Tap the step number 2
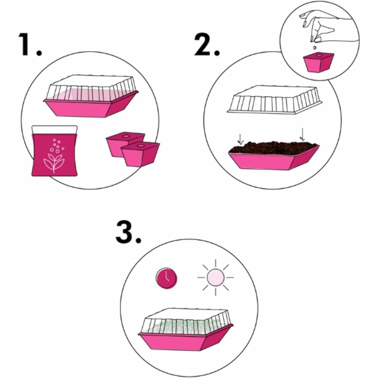click(207, 45)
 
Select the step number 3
click(128, 232)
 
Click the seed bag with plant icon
click(54, 151)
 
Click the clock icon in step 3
click(166, 278)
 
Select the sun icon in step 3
click(215, 277)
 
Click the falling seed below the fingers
click(314, 48)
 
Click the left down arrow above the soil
click(240, 139)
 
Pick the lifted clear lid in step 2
click(274, 99)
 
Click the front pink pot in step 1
click(140, 154)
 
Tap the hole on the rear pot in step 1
click(125, 136)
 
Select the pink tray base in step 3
click(186, 338)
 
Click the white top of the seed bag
click(54, 130)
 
